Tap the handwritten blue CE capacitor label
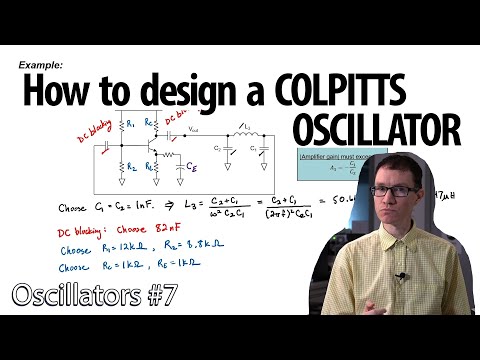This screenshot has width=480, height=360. click(x=190, y=169)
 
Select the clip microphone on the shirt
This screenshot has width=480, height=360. click(x=400, y=276)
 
